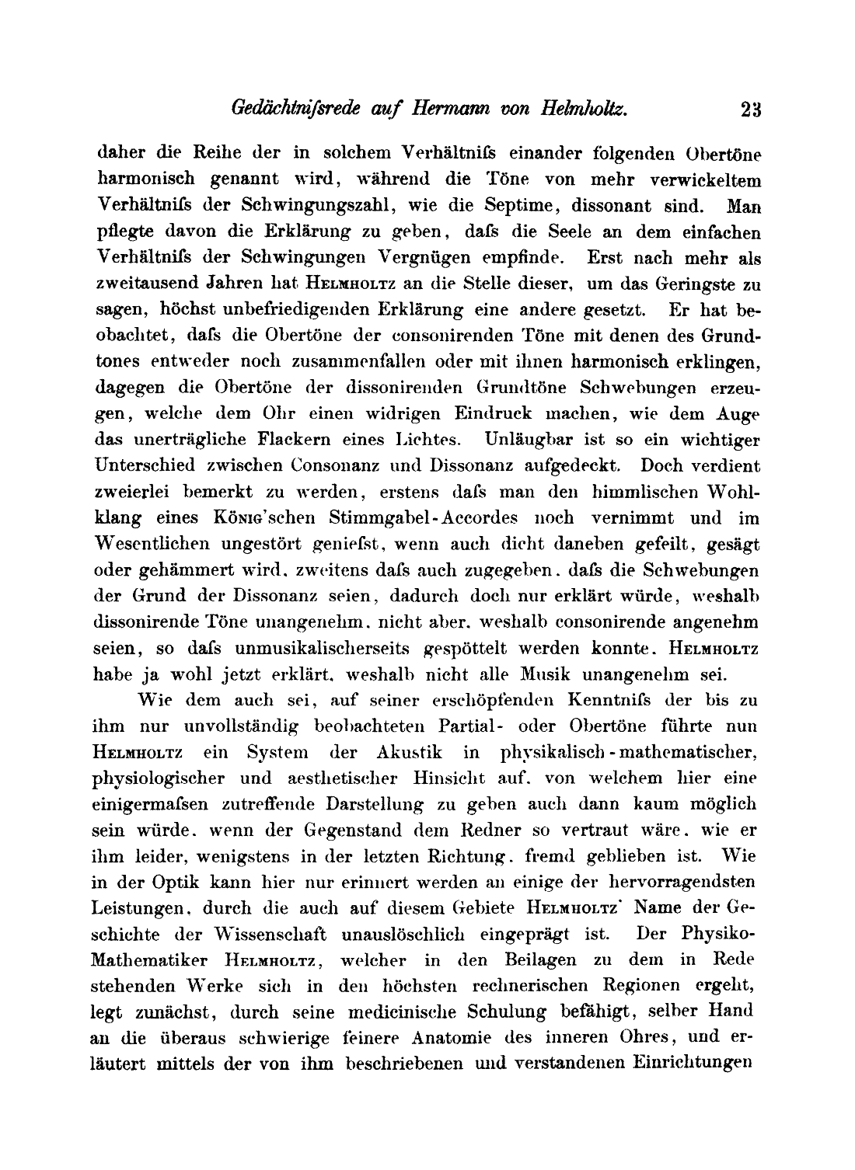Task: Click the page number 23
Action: point(751,109)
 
